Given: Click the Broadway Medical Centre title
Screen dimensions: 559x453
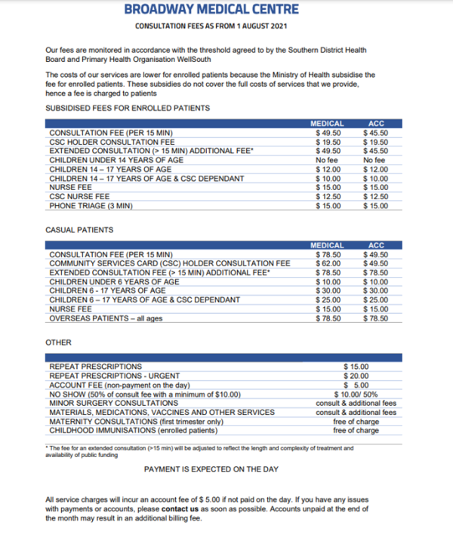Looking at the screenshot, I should click(x=211, y=9).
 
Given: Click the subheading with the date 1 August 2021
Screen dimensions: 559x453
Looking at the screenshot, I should click(x=211, y=26).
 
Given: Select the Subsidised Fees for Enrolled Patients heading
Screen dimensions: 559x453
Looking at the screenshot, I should click(x=128, y=109).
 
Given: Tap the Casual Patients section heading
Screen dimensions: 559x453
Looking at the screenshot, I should click(x=79, y=229).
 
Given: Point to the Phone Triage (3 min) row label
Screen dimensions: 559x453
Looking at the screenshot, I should click(x=91, y=206).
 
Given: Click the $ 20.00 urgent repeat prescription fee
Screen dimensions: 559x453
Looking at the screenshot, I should click(x=356, y=376).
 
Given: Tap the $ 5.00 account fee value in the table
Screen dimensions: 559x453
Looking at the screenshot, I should click(x=356, y=385).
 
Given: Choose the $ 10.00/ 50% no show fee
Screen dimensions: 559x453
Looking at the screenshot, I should click(x=356, y=395).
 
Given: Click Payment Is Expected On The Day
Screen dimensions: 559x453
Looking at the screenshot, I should click(x=211, y=469).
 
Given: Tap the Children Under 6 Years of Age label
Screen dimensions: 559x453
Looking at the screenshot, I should click(x=114, y=281).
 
